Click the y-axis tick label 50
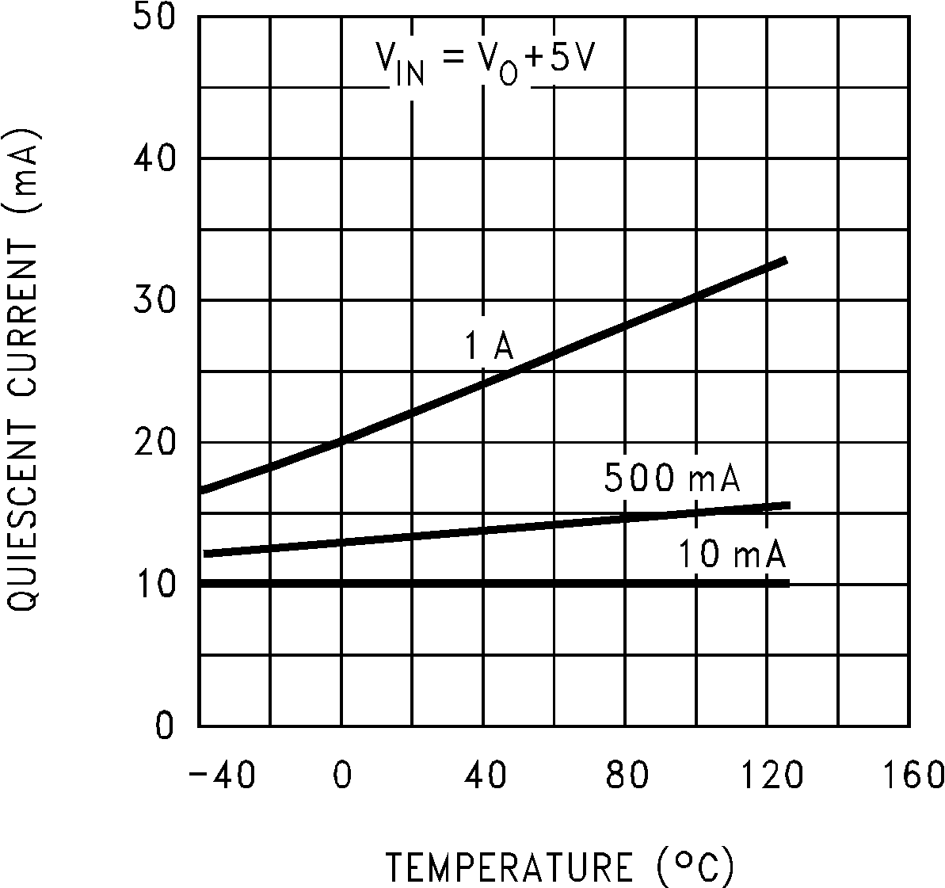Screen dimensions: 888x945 pos(154,17)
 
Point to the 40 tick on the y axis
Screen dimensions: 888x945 pos(154,158)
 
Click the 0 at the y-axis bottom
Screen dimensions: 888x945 pos(164,726)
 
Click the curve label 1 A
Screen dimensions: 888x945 pos(489,347)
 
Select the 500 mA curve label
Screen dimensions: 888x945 pos(672,478)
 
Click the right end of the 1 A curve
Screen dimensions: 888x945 pos(784,260)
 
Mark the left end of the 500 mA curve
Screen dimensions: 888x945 pos(206,553)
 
